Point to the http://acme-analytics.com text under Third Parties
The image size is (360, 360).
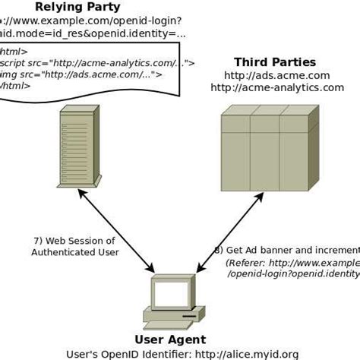pos(276,87)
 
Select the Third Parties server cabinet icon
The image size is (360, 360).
pos(270,150)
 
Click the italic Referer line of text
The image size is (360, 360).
pos(292,262)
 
